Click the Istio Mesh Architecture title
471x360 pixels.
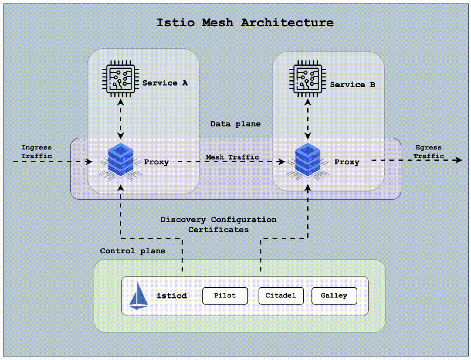click(x=245, y=23)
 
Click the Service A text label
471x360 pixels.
click(x=165, y=83)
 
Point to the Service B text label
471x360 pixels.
click(x=352, y=85)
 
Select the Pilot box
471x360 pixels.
click(x=225, y=295)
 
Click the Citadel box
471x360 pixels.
click(x=280, y=295)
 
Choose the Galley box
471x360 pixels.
click(x=334, y=295)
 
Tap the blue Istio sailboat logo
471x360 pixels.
click(x=139, y=296)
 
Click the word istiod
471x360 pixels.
click(x=172, y=296)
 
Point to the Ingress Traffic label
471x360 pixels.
click(x=37, y=152)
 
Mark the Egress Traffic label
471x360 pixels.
click(x=428, y=152)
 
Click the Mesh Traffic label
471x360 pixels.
click(x=232, y=157)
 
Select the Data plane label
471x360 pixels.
click(x=235, y=124)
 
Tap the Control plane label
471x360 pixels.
click(x=133, y=251)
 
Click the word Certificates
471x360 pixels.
click(x=218, y=229)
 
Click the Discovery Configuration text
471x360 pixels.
click(x=218, y=220)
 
